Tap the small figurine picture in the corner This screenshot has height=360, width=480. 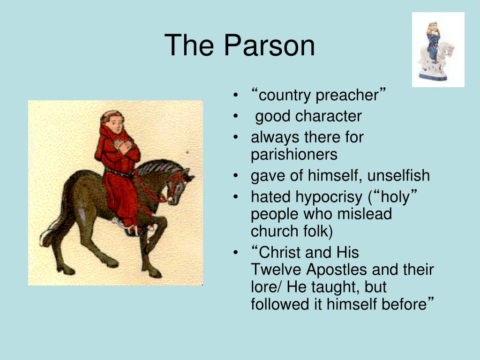tap(438, 50)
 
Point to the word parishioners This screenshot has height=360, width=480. tap(294, 154)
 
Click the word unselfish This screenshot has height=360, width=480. tap(398, 176)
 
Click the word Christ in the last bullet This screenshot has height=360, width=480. tap(280, 253)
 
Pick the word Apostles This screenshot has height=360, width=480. tap(337, 270)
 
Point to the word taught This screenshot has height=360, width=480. tap(335, 287)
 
